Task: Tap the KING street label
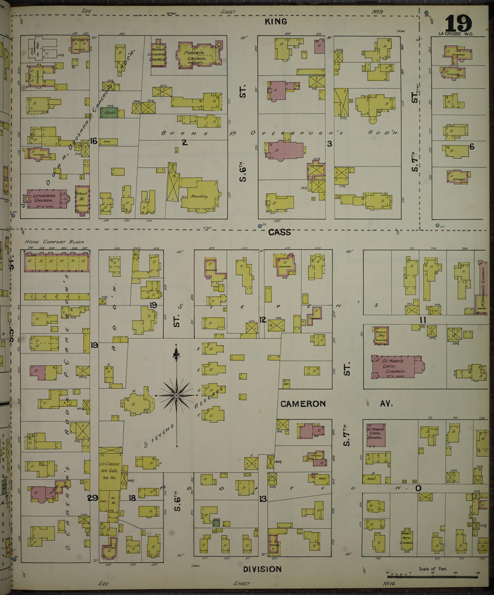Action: click(276, 22)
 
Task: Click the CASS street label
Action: click(279, 233)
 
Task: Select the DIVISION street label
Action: click(262, 569)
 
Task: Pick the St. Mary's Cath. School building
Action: click(376, 435)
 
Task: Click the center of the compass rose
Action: click(176, 396)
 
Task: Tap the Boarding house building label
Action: click(199, 196)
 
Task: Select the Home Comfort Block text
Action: click(55, 242)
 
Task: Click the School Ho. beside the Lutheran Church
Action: click(82, 199)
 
